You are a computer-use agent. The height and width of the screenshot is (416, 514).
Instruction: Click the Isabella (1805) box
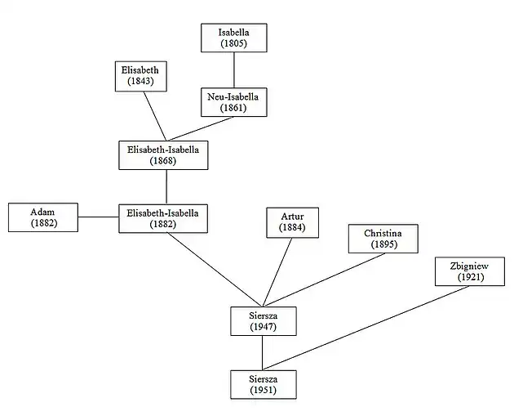[234, 38]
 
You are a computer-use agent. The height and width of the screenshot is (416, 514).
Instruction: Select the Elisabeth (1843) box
[141, 76]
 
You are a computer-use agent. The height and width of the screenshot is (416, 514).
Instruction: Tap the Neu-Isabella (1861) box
[234, 101]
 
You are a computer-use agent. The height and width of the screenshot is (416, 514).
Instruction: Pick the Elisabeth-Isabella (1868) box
[163, 154]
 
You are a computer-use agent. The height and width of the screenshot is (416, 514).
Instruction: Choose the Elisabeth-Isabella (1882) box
[163, 217]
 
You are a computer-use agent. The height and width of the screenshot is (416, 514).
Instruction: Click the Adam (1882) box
[43, 217]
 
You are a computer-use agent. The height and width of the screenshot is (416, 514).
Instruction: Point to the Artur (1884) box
[292, 221]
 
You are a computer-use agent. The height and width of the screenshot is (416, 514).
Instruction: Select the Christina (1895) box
[383, 238]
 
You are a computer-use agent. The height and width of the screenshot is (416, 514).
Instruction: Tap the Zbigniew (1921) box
[470, 271]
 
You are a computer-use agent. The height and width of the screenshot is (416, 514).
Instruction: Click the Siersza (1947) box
[262, 320]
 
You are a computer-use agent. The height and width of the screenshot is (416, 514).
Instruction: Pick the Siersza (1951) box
[262, 384]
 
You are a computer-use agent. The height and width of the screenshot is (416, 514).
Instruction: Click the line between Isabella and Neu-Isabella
[234, 69]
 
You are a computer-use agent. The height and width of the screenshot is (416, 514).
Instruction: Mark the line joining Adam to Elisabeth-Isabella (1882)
[99, 217]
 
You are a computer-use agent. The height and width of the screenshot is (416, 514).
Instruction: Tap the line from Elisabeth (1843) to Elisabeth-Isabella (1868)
[155, 115]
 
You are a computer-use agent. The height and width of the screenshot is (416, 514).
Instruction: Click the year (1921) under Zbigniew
[470, 278]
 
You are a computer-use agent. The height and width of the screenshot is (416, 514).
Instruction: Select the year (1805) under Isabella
[234, 43]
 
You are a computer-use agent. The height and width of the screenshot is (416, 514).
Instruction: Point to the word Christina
[383, 232]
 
